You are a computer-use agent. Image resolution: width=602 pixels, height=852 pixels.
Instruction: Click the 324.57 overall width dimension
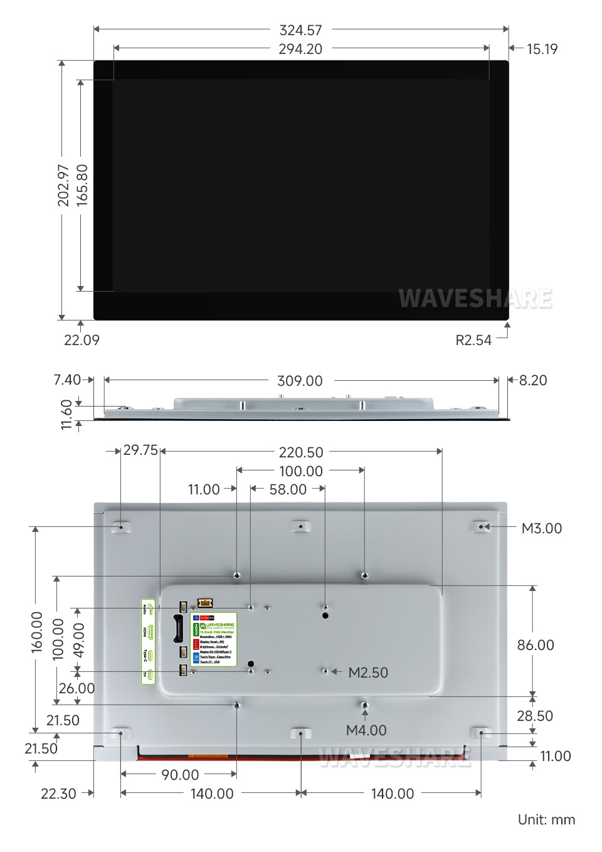tap(300, 30)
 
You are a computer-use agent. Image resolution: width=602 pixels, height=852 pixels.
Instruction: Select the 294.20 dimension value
tap(300, 49)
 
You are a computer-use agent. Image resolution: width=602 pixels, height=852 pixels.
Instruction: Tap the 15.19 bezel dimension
tap(542, 49)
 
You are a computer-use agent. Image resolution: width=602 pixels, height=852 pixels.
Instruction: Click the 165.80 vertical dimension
tap(82, 185)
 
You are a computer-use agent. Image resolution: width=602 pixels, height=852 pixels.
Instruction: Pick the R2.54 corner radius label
tap(473, 340)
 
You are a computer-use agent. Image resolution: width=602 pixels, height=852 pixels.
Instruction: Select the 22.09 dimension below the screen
tap(82, 340)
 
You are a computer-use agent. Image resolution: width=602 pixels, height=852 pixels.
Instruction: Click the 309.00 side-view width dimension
tap(300, 381)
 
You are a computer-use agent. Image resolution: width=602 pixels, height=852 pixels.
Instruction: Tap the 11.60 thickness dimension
tap(66, 415)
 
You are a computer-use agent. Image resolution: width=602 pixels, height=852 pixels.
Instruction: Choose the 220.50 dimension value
tap(301, 452)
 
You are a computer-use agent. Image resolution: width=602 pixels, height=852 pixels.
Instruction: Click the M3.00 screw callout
tap(542, 528)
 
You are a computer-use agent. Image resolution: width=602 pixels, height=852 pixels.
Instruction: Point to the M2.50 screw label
tap(368, 673)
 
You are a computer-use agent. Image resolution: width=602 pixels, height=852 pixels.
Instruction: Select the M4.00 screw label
tap(366, 730)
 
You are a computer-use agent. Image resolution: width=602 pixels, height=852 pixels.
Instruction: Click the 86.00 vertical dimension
tap(536, 645)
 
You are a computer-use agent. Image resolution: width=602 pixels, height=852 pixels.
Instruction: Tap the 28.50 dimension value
tap(535, 716)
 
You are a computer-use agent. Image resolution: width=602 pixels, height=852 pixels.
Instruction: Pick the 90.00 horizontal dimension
tap(180, 775)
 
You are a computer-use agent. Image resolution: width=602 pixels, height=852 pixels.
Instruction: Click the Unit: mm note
tap(546, 819)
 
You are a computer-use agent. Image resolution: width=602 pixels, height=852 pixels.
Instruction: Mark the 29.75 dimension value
tap(140, 450)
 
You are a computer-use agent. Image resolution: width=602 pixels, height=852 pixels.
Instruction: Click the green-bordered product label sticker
tap(214, 639)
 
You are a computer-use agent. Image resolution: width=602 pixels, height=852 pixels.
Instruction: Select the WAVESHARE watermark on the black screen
tap(475, 299)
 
